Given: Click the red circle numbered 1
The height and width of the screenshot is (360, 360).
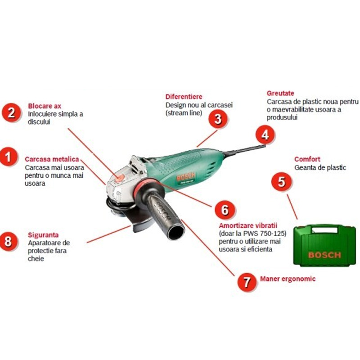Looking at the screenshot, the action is tap(8, 157).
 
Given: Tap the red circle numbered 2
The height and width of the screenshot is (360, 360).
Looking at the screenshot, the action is tap(11, 112).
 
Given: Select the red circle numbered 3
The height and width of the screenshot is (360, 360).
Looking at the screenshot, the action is tap(218, 118).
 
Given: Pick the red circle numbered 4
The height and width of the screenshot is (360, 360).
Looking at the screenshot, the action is tap(265, 135).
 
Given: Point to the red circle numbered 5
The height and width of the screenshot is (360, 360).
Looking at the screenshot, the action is tap(282, 182).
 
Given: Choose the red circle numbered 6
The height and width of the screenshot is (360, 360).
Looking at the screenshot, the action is tap(225, 210).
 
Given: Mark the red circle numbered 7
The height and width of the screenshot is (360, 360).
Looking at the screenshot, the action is tap(247, 282).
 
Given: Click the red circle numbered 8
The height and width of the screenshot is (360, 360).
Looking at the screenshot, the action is tap(9, 241).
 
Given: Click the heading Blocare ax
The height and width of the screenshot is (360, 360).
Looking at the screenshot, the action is tap(45, 106).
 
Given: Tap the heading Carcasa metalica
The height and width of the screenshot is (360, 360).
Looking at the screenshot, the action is tap(52, 159).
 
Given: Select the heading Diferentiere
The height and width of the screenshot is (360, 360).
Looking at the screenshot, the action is tap(184, 97).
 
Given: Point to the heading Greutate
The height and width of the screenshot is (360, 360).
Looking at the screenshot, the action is tap(280, 93).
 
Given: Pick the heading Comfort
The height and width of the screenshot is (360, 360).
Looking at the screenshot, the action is tap(307, 159).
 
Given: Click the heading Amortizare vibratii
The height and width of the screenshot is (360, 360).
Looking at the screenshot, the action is tap(248, 225).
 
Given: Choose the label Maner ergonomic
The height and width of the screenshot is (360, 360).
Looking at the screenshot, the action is tap(288, 279).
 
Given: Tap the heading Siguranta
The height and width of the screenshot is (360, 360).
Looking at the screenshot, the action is tap(43, 235).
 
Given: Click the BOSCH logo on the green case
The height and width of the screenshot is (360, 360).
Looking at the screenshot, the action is tap(324, 255).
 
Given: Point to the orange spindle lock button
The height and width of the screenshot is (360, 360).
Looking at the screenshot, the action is tap(120, 178).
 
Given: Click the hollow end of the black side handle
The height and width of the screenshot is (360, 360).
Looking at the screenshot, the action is tap(176, 232).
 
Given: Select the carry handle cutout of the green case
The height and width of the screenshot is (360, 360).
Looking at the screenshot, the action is tap(324, 230).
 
